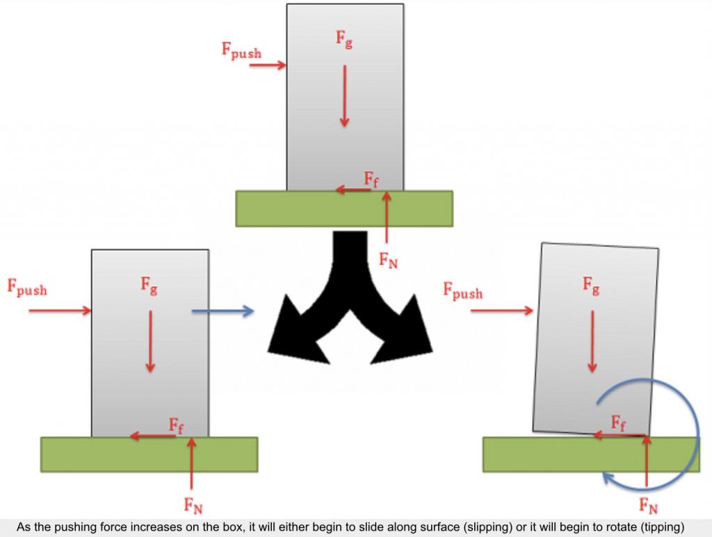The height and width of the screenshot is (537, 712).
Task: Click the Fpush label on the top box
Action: (241, 51)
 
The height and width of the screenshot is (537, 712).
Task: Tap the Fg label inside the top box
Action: (344, 39)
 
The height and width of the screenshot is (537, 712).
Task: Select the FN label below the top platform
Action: (388, 261)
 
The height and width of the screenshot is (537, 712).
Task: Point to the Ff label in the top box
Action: (371, 179)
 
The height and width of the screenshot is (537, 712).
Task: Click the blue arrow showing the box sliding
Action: (222, 311)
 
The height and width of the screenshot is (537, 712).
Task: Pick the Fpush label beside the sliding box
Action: (27, 287)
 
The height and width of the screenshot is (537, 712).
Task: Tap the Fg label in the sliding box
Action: (149, 286)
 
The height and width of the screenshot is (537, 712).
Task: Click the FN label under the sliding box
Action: (193, 505)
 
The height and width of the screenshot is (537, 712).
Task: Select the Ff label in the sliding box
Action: (176, 426)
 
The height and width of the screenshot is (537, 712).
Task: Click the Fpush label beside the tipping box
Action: (463, 290)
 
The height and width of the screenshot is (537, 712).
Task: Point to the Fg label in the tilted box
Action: (591, 286)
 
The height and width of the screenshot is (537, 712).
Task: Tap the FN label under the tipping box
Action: (649, 506)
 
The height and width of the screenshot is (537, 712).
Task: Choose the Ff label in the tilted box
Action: (618, 423)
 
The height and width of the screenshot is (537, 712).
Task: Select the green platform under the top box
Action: (344, 208)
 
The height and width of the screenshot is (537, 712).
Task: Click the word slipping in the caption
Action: (489, 527)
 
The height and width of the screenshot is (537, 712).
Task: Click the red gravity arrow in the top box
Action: (345, 96)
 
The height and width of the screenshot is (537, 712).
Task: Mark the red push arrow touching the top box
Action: (268, 65)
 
